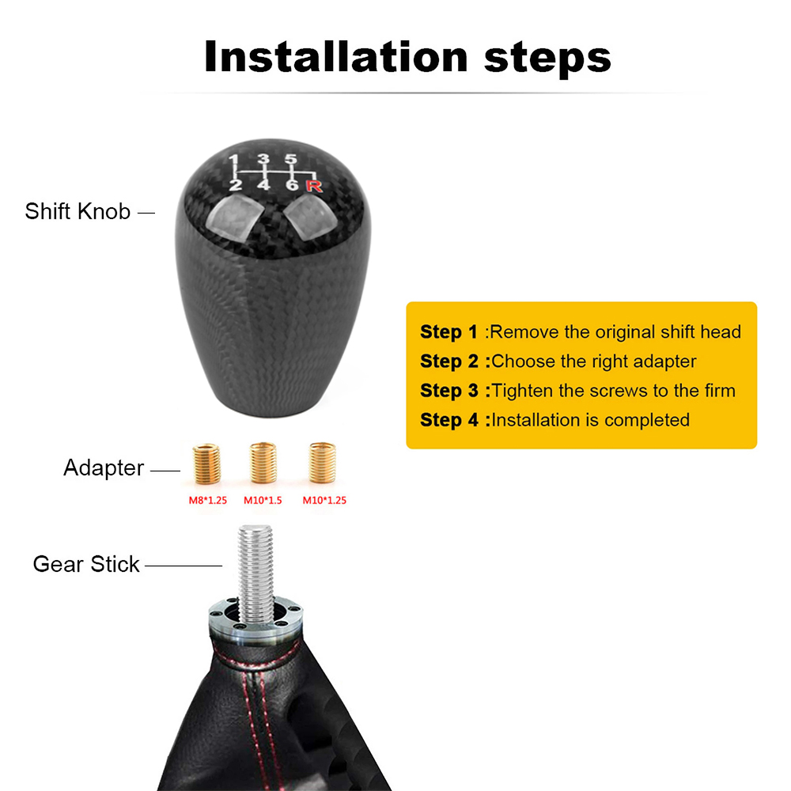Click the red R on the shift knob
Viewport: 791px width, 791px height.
pos(314,187)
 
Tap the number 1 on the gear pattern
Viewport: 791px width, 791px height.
pos(234,162)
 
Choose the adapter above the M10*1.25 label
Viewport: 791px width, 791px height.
pos(320,465)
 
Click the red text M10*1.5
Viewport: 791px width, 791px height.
pos(264,500)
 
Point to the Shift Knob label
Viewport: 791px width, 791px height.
pos(78,211)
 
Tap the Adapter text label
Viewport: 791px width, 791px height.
pos(104,468)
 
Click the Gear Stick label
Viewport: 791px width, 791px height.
pos(86,564)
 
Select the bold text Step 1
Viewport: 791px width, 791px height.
pos(449,331)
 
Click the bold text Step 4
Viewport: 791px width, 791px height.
pos(449,420)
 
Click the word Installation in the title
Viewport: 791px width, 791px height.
pos(335,57)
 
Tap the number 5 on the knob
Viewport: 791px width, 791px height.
pos(291,159)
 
